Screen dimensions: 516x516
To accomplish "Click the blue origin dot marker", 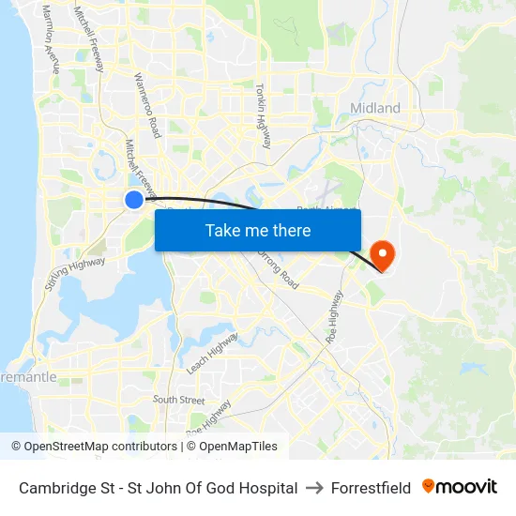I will [134, 199].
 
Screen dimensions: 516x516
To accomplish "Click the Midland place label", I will [375, 108].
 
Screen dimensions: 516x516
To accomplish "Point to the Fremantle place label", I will [28, 377].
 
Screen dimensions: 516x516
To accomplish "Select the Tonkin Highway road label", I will [263, 114].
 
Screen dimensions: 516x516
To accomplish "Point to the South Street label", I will [178, 400].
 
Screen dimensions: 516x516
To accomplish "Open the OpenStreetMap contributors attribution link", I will [100, 447].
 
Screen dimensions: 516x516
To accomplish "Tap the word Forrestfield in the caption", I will [371, 488].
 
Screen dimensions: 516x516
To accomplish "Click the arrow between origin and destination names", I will [314, 488].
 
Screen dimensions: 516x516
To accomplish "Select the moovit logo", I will [460, 487].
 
